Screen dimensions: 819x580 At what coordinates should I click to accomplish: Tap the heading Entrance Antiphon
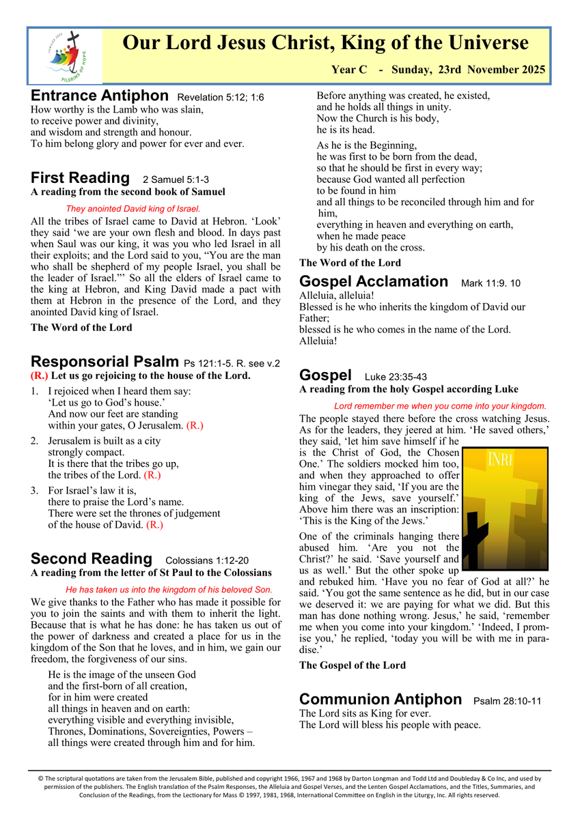point(100,96)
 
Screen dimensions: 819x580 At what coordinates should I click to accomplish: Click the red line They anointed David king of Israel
point(133,208)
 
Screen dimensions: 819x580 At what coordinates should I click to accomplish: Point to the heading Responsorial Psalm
point(106,361)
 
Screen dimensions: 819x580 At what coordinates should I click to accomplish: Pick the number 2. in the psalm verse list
point(35,442)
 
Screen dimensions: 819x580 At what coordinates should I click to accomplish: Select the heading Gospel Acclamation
point(374,281)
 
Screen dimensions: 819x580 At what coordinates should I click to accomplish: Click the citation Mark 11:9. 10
point(491,283)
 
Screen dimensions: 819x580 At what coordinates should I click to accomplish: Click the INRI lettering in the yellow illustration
point(499,459)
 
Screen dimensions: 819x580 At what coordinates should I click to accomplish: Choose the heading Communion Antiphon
point(381,699)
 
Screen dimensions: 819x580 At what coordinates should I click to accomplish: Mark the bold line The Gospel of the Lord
point(353,665)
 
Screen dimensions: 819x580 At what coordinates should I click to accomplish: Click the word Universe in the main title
point(488,43)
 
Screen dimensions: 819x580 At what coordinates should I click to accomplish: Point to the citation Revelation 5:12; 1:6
point(220,98)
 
